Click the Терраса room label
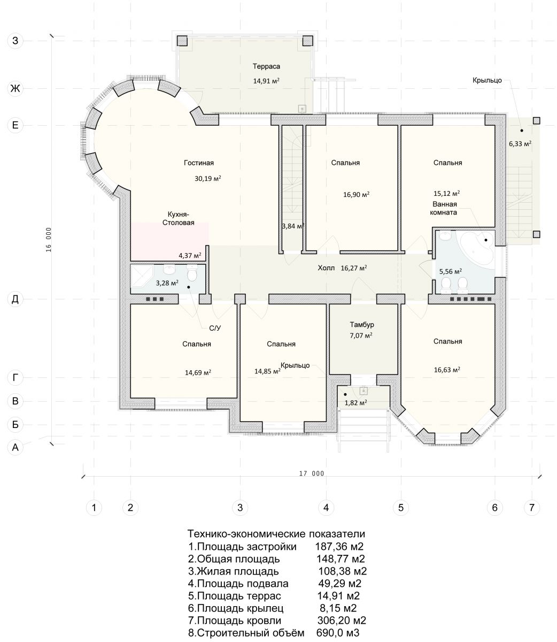[266, 66]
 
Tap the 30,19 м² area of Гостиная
[208, 179]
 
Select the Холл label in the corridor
[326, 268]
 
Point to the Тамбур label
[362, 324]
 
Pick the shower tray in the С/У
[142, 276]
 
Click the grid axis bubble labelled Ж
[15, 88]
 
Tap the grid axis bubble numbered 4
[326, 507]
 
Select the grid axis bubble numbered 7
[532, 507]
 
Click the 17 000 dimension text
[311, 473]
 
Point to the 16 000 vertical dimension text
[48, 240]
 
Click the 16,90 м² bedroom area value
[356, 195]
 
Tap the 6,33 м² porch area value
[520, 144]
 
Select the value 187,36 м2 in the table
[339, 547]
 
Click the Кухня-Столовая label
[178, 218]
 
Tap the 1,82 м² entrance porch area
[355, 403]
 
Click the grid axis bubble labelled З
[15, 41]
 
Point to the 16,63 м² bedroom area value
[447, 370]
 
